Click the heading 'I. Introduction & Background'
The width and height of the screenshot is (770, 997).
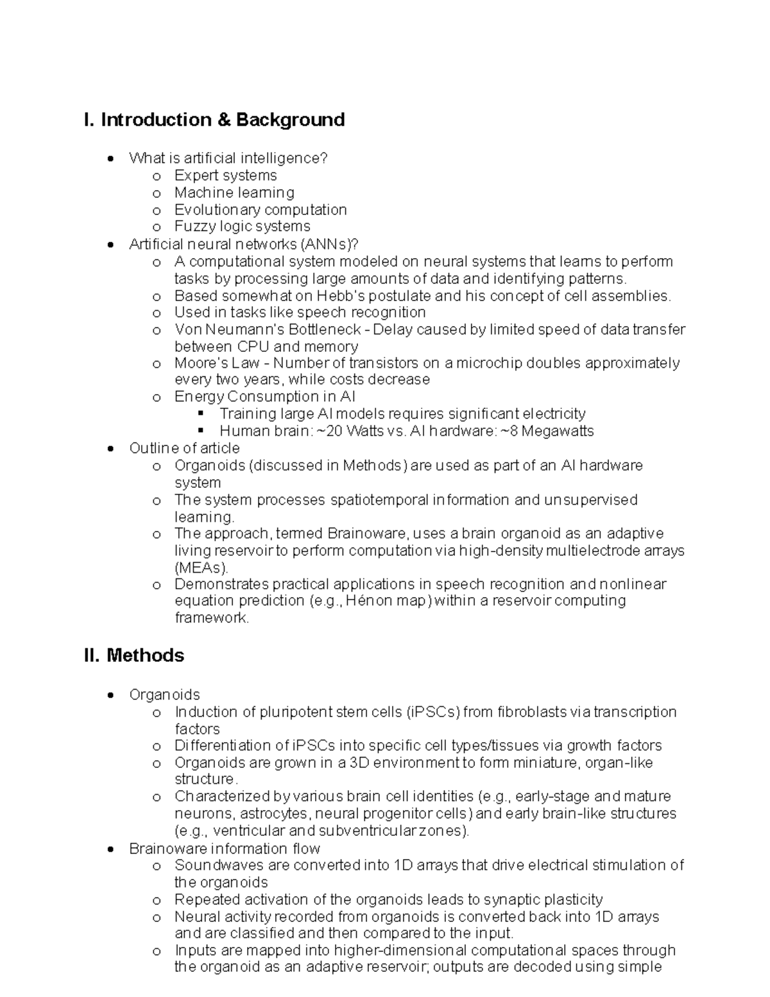pos(214,120)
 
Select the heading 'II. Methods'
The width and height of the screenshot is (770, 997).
pos(133,655)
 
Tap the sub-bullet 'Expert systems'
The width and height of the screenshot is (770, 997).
pos(225,175)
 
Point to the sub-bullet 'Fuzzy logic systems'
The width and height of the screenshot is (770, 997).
pos(242,226)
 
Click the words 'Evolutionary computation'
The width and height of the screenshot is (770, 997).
pos(260,209)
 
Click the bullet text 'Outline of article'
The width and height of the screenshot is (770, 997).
pos(184,448)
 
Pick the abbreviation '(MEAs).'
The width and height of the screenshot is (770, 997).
pos(201,568)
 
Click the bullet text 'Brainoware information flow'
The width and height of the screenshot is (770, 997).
pos(224,848)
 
